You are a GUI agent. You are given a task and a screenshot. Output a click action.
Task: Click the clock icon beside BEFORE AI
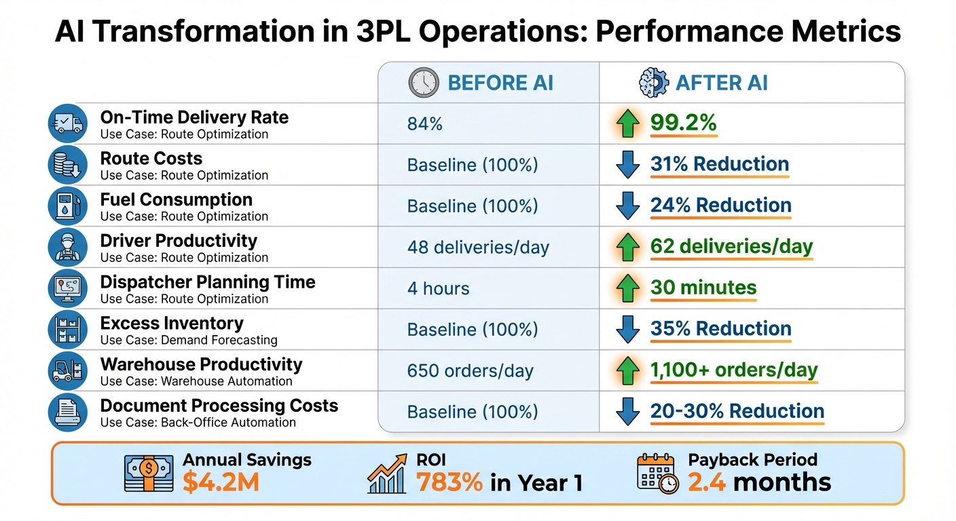[x=424, y=83]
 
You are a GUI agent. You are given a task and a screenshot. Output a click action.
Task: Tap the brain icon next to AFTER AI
[x=653, y=83]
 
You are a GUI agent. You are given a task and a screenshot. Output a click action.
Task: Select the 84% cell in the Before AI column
[x=425, y=123]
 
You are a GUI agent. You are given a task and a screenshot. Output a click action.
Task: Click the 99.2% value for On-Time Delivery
[x=683, y=123]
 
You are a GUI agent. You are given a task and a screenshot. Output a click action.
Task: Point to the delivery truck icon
[x=68, y=123]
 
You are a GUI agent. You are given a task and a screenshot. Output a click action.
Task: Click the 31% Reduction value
[x=719, y=164]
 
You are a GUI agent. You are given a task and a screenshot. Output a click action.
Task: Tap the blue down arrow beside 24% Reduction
[x=627, y=206]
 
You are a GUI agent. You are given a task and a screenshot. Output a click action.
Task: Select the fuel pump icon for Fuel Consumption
[x=68, y=206]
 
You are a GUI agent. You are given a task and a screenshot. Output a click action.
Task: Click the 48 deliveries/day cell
[x=478, y=248]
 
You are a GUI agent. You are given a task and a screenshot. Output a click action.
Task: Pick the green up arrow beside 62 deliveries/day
[x=627, y=248]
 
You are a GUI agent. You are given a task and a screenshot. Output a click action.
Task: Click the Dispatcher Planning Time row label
[x=207, y=282]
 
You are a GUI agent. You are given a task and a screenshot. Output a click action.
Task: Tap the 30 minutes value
[x=703, y=288]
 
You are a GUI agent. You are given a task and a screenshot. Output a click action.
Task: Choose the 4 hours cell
[x=438, y=288]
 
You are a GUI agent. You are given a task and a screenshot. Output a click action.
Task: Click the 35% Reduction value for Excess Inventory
[x=720, y=329]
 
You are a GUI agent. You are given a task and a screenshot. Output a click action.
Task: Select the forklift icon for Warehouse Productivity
[x=68, y=371]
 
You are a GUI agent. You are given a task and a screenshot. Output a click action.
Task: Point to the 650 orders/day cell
[x=470, y=371]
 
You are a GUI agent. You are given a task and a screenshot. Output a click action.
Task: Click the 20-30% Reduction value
[x=737, y=412]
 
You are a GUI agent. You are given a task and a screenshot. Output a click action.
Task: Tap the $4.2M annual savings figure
[x=221, y=482]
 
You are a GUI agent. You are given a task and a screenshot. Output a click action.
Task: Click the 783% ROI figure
[x=449, y=482]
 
